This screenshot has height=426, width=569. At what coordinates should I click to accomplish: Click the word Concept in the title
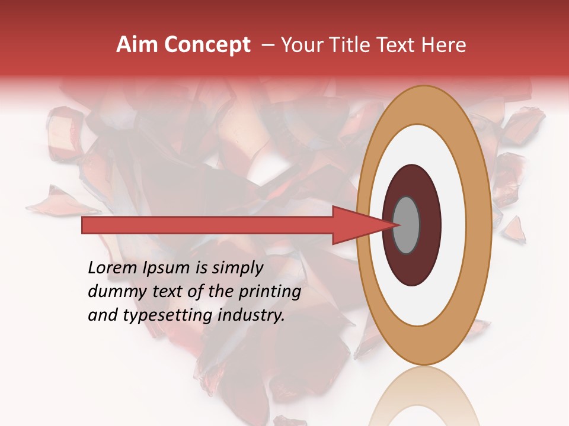[207, 45]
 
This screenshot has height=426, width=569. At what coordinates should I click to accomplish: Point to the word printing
[269, 292]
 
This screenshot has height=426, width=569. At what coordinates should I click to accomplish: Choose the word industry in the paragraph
[251, 316]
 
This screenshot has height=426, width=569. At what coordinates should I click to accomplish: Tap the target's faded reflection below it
[424, 396]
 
